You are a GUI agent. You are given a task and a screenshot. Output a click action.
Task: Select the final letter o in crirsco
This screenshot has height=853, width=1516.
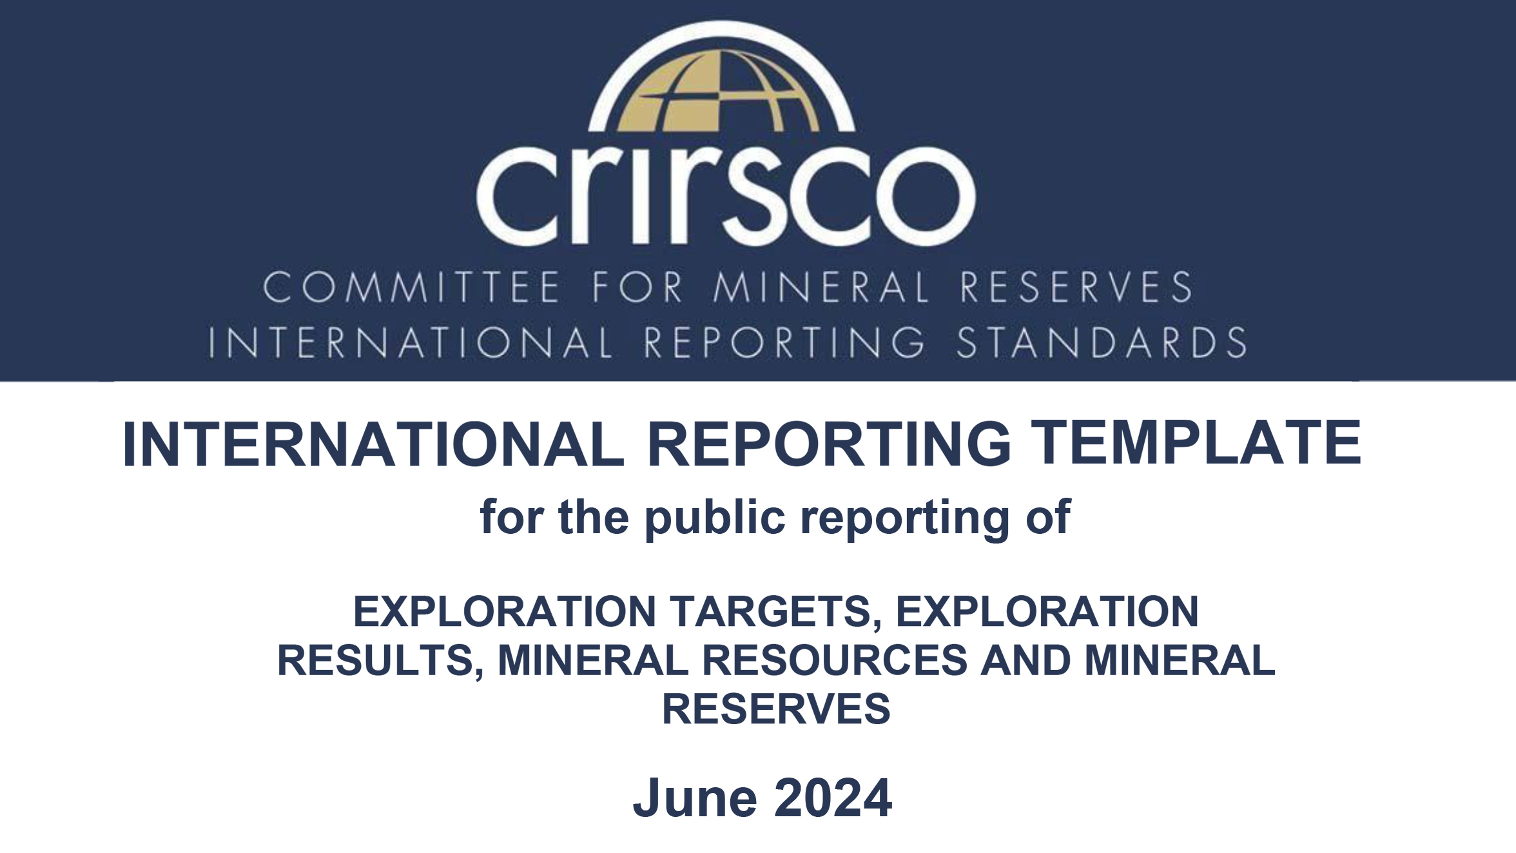[x=926, y=196]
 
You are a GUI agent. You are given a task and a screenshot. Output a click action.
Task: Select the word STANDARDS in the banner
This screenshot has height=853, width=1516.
[x=1102, y=342]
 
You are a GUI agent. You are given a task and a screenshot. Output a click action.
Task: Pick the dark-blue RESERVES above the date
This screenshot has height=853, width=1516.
[x=776, y=709]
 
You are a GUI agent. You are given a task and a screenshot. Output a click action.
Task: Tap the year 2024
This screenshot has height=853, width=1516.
[x=833, y=798]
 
